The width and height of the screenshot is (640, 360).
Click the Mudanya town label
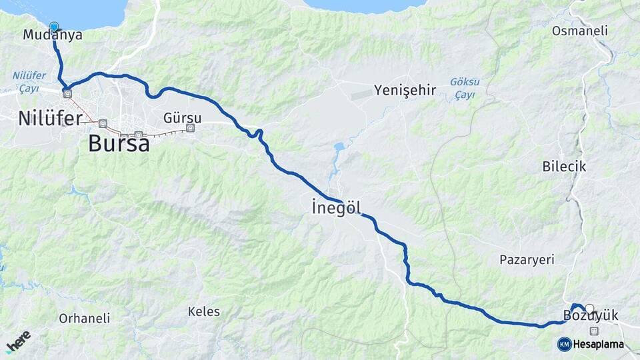pyautogui.click(x=53, y=35)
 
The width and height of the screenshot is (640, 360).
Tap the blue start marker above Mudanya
pyautogui.click(x=54, y=27)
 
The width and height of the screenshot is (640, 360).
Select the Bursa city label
pyautogui.click(x=119, y=143)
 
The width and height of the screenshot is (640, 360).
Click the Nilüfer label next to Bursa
pyautogui.click(x=50, y=119)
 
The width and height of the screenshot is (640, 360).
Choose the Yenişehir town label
pyautogui.click(x=405, y=90)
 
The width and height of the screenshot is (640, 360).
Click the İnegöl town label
pyautogui.click(x=337, y=208)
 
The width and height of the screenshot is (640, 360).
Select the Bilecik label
pyautogui.click(x=564, y=166)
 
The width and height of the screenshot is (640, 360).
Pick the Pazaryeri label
pyautogui.click(x=527, y=259)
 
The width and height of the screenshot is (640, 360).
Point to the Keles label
pyautogui.click(x=203, y=311)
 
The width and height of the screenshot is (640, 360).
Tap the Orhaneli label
pyautogui.click(x=84, y=318)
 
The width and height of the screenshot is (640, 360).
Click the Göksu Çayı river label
pyautogui.click(x=464, y=88)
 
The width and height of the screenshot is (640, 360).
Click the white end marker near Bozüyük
pyautogui.click(x=589, y=308)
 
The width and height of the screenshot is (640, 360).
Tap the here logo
pyautogui.click(x=18, y=341)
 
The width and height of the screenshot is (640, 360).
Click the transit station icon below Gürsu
pyautogui.click(x=191, y=127)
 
